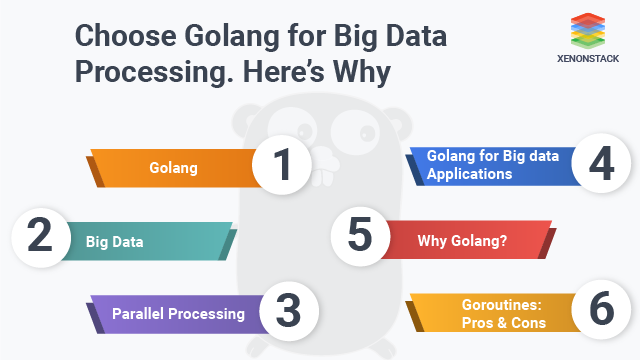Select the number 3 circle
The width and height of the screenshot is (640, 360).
287,312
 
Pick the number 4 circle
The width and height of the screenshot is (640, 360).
600,165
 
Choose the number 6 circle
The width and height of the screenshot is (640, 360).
601,312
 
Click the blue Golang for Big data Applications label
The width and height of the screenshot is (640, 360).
490,165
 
